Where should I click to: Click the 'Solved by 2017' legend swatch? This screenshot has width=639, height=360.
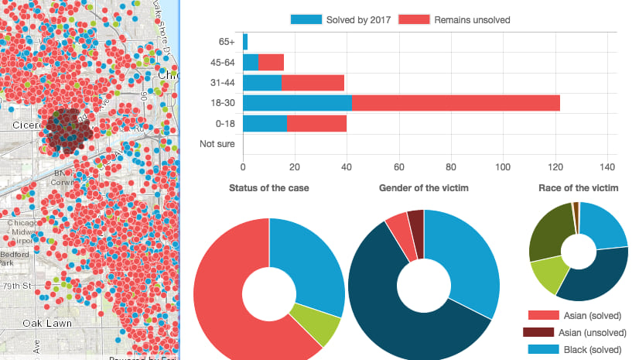click(306, 19)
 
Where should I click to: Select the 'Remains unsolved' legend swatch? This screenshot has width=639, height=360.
click(414, 19)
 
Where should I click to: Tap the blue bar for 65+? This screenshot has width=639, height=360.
click(245, 42)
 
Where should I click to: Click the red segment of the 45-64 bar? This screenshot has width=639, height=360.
click(271, 62)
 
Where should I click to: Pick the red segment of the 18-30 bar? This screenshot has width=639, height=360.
click(456, 102)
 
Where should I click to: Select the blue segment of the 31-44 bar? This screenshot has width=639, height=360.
click(262, 82)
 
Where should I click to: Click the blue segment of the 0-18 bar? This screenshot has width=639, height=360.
click(265, 122)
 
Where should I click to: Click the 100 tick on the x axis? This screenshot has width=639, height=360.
click(503, 166)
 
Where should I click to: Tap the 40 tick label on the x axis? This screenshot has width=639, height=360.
click(347, 166)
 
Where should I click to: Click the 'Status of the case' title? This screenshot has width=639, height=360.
click(269, 188)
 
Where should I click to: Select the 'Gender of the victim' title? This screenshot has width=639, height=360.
click(424, 188)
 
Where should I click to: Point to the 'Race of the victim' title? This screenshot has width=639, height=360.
click(579, 188)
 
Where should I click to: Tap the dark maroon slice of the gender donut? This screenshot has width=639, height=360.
click(415, 224)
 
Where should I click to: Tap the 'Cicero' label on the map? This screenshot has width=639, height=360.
click(26, 124)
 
